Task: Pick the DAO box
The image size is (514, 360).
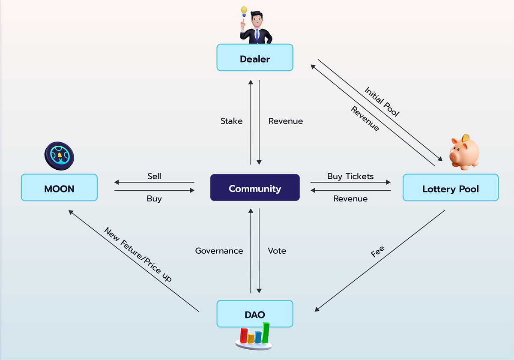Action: point(255,314)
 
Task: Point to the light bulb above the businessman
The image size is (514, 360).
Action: point(244,11)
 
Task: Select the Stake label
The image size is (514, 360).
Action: point(231,121)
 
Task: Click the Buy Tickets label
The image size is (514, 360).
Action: point(350,176)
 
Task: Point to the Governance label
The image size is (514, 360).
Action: point(219,251)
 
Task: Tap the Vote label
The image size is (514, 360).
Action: point(277,251)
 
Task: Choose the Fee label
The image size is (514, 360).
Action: point(378,252)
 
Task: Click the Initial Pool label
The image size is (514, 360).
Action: point(382,102)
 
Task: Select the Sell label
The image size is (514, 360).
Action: point(154,176)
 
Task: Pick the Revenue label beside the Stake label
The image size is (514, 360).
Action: point(285,121)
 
